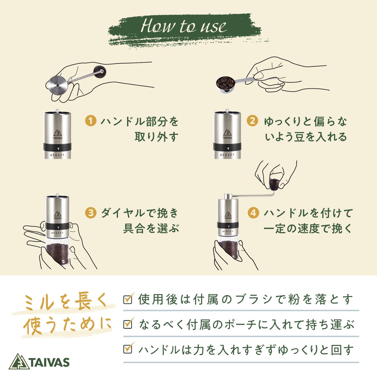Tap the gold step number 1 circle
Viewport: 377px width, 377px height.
[91, 121]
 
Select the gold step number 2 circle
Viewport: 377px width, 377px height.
[252, 121]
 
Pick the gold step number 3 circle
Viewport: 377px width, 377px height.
[91, 213]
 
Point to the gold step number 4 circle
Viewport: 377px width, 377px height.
[253, 213]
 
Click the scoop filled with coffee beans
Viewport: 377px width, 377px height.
[226, 84]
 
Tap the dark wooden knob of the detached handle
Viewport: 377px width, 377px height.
[100, 71]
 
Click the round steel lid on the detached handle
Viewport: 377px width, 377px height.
[58, 85]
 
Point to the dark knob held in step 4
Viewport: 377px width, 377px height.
[275, 185]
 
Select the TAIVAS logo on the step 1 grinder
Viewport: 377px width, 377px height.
[58, 134]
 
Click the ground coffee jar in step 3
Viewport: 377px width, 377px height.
[58, 251]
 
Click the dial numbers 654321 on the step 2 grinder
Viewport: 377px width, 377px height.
[227, 155]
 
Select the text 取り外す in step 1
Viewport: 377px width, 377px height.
[156, 137]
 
